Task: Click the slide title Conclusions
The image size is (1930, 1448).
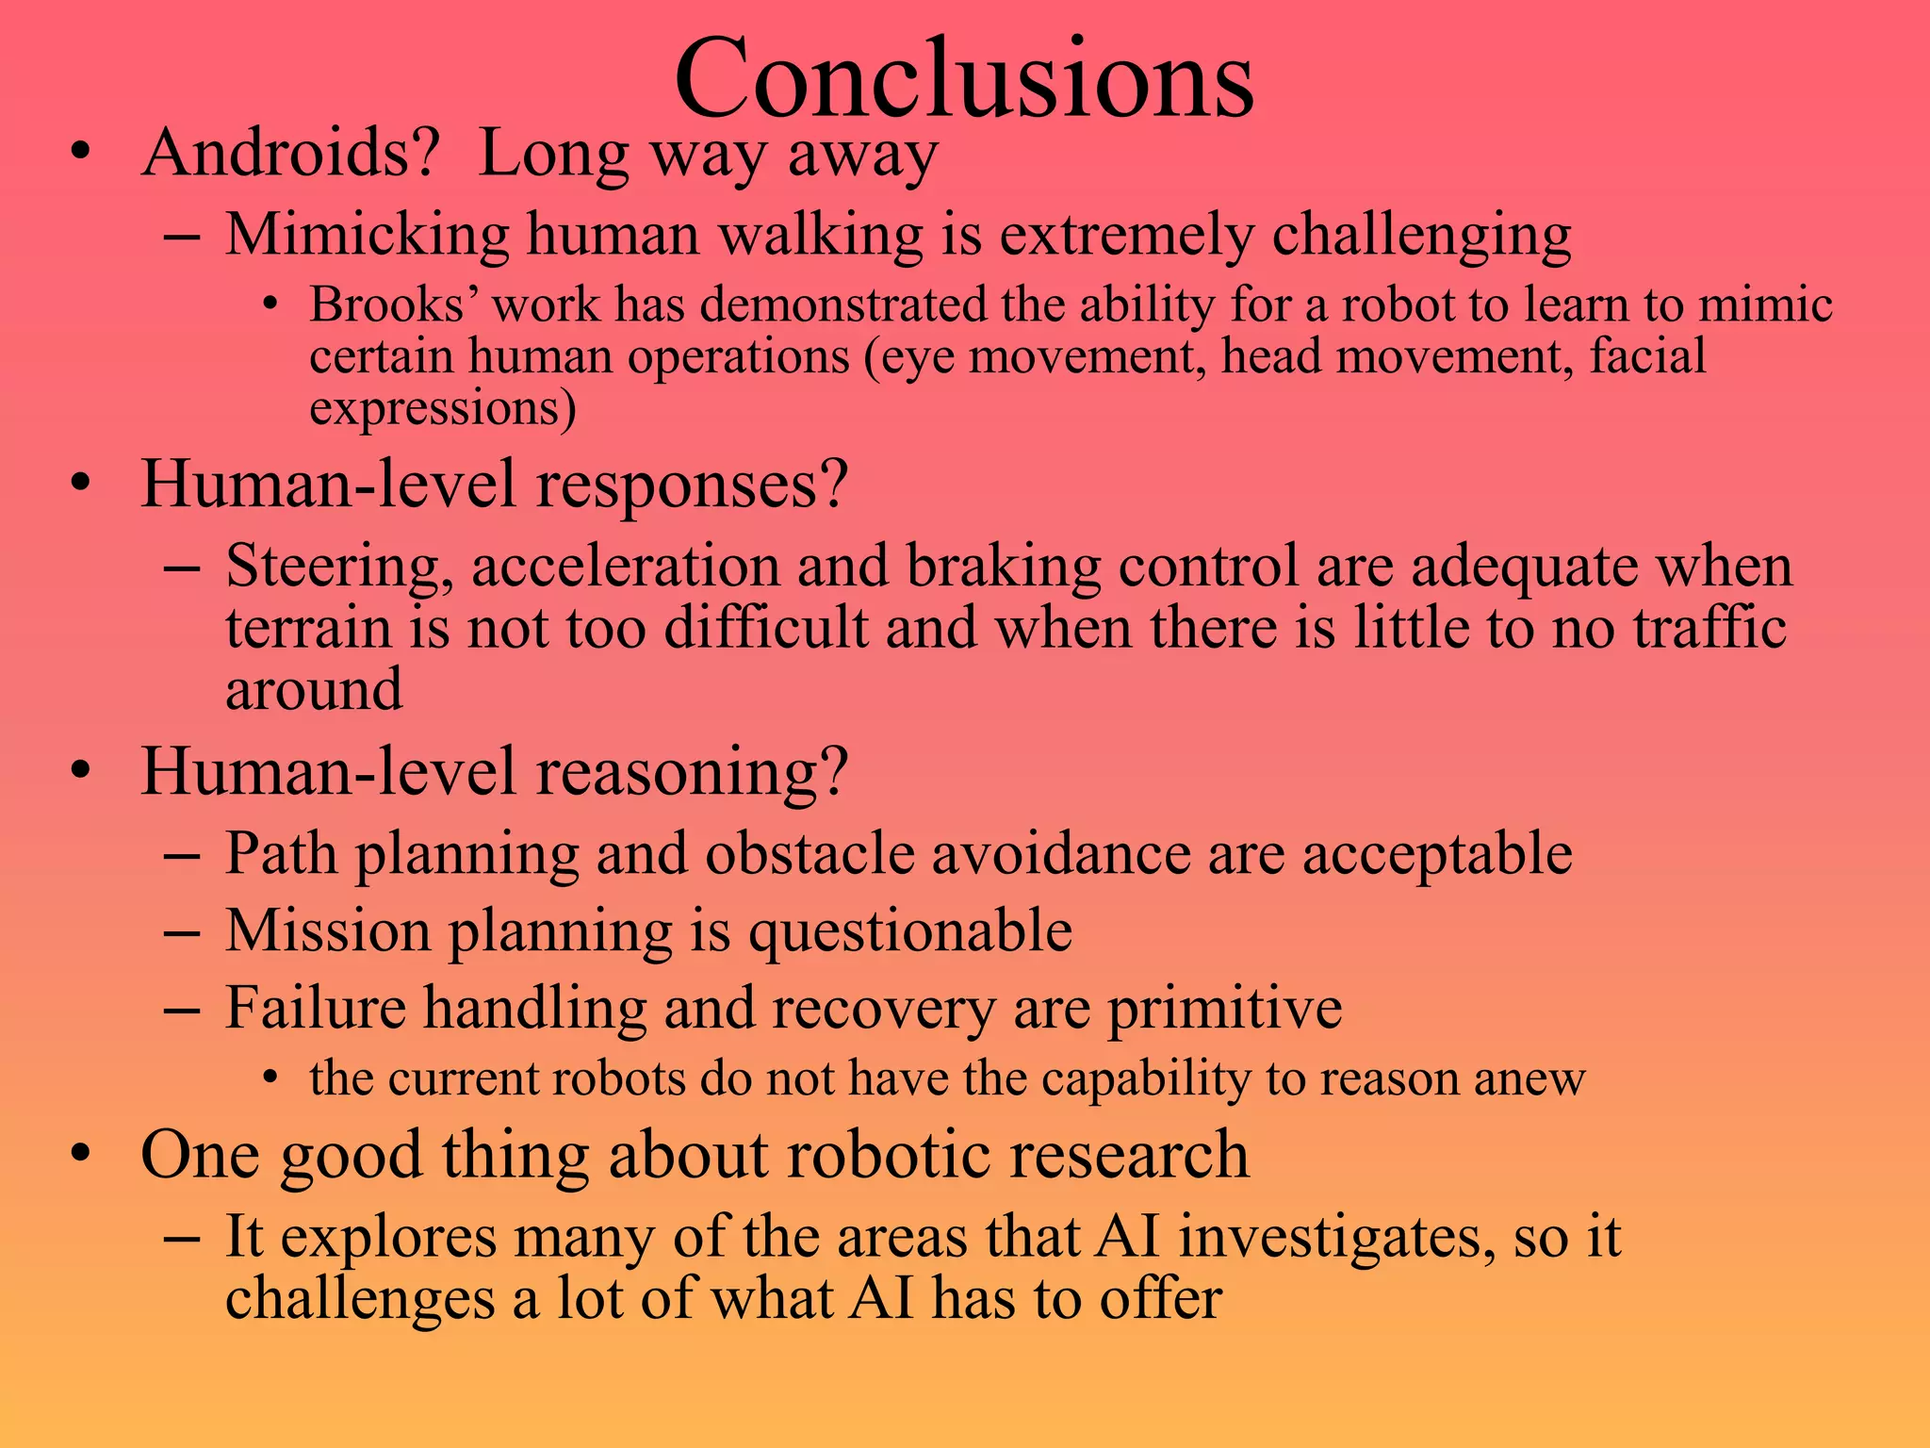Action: [x=963, y=79]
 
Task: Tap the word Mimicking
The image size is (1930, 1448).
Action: [x=368, y=235]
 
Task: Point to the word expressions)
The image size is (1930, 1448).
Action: [x=442, y=408]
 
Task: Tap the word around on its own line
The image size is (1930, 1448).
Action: [x=314, y=689]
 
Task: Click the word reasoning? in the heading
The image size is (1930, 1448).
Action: [x=692, y=772]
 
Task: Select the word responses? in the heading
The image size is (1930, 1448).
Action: [x=692, y=485]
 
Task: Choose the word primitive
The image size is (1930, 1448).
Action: [x=1224, y=1009]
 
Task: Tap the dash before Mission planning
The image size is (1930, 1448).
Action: [x=181, y=932]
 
